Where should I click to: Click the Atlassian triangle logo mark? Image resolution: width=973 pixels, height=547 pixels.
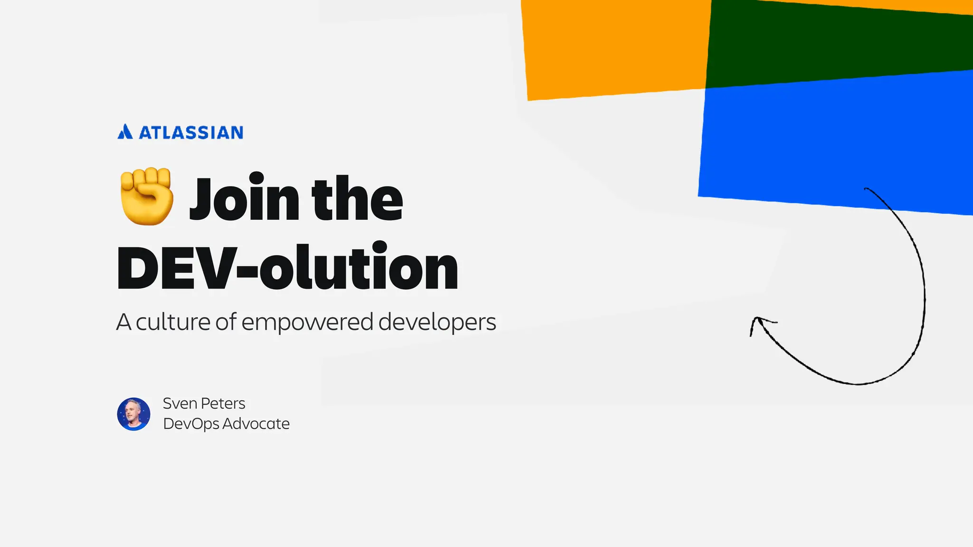coord(125,132)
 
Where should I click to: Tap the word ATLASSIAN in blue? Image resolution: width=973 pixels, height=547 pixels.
coord(191,133)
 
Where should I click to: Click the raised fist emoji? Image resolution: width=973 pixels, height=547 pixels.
coord(146,196)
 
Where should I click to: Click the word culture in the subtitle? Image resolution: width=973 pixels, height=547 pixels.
coord(173,322)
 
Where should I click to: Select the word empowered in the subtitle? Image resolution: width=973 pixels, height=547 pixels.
coord(307,323)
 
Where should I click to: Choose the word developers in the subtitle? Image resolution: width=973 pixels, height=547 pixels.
coord(437,323)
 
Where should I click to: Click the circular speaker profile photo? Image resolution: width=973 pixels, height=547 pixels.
coord(134,414)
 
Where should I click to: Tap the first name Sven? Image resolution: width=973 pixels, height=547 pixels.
coord(180,404)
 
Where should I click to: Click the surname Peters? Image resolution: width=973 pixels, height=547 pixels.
coord(223,404)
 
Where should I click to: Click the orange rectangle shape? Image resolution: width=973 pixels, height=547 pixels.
coord(613,47)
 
